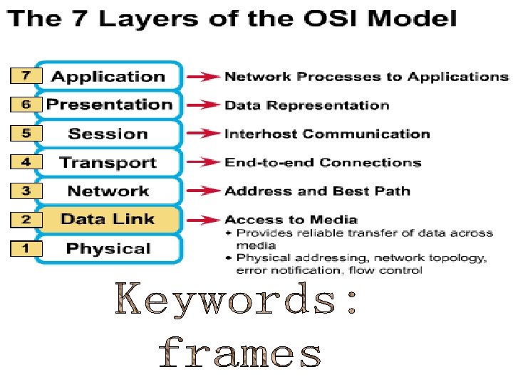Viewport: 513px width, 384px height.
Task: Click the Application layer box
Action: (108, 77)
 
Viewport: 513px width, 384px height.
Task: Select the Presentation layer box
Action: (108, 105)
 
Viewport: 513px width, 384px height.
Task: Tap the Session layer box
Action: (108, 134)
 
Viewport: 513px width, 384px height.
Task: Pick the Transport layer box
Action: (108, 162)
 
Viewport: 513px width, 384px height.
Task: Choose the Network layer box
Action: (108, 191)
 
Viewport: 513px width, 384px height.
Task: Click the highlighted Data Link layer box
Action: (108, 219)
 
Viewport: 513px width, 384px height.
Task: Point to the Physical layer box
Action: (108, 248)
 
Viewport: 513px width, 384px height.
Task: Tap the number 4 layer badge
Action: (26, 162)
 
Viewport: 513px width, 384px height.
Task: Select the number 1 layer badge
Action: (26, 249)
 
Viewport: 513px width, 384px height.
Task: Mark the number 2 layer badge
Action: (26, 220)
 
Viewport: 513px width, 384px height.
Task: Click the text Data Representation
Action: (306, 106)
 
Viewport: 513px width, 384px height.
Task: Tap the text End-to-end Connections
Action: (323, 163)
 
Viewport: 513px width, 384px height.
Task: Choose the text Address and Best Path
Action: (317, 191)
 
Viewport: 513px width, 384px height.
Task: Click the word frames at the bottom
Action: (240, 353)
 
